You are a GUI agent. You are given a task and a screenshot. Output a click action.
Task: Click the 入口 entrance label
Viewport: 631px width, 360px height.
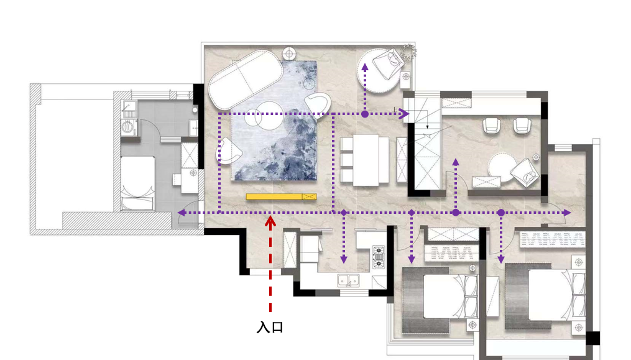(x=270, y=327)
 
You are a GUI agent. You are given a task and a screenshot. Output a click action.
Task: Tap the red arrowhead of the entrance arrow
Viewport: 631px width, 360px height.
(x=270, y=221)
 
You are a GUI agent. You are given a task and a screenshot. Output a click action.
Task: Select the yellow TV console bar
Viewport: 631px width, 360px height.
(x=281, y=196)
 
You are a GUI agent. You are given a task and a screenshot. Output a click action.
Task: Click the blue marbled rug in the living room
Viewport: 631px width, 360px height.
(x=274, y=121)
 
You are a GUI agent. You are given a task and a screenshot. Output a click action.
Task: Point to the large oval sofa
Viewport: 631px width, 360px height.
(x=246, y=80)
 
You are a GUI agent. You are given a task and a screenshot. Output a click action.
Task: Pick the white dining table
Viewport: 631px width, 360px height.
(x=366, y=160)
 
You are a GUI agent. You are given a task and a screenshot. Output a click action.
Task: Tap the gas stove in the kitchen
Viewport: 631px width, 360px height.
(x=379, y=257)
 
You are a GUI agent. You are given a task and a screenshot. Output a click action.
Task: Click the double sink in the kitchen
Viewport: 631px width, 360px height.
(x=349, y=280)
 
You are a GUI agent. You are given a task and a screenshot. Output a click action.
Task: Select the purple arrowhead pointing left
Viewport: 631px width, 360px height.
(x=182, y=213)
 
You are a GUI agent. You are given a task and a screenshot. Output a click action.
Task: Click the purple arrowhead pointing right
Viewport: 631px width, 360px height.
(x=567, y=213)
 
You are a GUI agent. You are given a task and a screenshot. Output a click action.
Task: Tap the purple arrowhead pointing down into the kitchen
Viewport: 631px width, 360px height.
(x=344, y=260)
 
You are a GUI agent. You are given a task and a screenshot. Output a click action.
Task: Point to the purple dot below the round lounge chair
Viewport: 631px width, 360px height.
(x=365, y=114)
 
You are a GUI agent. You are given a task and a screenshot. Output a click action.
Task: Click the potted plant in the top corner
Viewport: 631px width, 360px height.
(x=408, y=52)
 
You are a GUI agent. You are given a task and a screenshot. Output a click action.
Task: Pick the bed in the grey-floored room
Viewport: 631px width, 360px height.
(x=137, y=183)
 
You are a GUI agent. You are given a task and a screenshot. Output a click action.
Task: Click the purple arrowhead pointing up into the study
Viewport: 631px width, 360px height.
(x=456, y=162)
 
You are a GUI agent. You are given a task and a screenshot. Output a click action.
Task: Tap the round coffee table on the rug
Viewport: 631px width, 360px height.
(x=269, y=116)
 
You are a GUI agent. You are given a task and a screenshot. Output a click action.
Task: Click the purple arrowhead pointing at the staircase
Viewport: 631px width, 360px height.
(x=404, y=114)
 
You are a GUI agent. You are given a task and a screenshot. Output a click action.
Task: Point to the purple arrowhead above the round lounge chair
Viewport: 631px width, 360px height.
(x=365, y=67)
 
